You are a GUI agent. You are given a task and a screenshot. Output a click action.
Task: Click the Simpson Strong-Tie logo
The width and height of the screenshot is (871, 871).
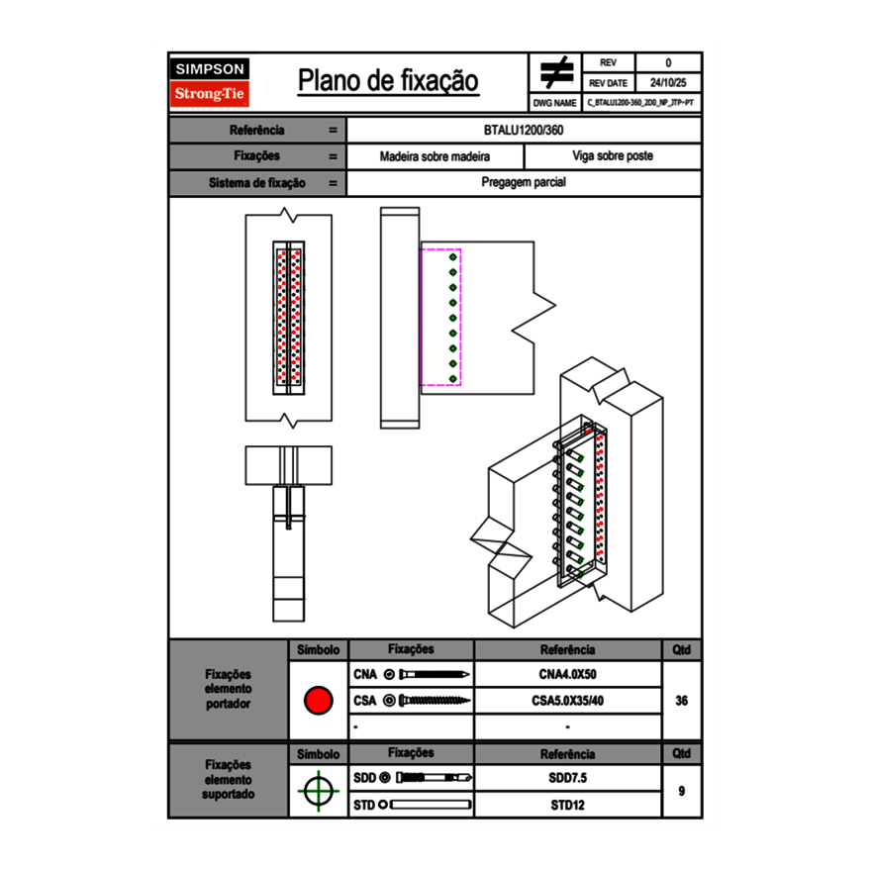click(x=211, y=82)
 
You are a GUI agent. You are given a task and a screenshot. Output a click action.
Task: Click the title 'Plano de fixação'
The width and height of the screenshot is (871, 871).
click(x=388, y=81)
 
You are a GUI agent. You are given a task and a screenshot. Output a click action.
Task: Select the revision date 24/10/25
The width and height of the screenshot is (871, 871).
click(x=668, y=83)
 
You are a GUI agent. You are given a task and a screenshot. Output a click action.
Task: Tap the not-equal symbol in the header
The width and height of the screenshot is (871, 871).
click(x=556, y=73)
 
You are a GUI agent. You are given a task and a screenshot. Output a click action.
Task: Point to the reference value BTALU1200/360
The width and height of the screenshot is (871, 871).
click(x=525, y=130)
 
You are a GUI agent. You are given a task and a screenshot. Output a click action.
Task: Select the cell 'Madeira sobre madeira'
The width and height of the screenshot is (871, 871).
click(x=435, y=156)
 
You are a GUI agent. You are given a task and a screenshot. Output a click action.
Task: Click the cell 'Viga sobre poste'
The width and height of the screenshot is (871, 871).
click(x=613, y=156)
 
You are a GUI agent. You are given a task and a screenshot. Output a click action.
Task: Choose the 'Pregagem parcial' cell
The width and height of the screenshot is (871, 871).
click(x=525, y=183)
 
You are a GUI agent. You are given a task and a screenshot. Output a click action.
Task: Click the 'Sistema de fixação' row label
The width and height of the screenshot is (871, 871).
click(x=257, y=183)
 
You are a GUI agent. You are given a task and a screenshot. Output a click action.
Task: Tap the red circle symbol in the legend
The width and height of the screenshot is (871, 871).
click(x=318, y=701)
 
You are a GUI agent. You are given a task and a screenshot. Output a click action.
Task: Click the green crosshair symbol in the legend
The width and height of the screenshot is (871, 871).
click(x=318, y=791)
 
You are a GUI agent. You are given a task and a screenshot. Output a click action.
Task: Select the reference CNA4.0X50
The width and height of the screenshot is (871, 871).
click(x=567, y=675)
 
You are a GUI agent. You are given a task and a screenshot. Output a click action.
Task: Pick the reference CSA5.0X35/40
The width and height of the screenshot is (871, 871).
click(x=567, y=701)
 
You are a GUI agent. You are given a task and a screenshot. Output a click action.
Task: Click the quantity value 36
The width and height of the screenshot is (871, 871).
click(x=681, y=701)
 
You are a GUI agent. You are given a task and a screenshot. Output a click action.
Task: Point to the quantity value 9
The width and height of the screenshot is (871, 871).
click(x=681, y=791)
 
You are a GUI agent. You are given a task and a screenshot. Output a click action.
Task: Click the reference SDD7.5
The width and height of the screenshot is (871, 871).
click(x=567, y=778)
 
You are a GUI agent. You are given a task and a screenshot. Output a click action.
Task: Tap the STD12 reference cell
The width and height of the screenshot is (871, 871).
click(x=567, y=805)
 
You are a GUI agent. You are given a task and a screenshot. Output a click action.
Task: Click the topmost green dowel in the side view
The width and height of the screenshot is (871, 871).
click(x=453, y=257)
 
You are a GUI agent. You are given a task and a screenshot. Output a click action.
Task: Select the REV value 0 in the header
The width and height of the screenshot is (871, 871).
click(x=668, y=63)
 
